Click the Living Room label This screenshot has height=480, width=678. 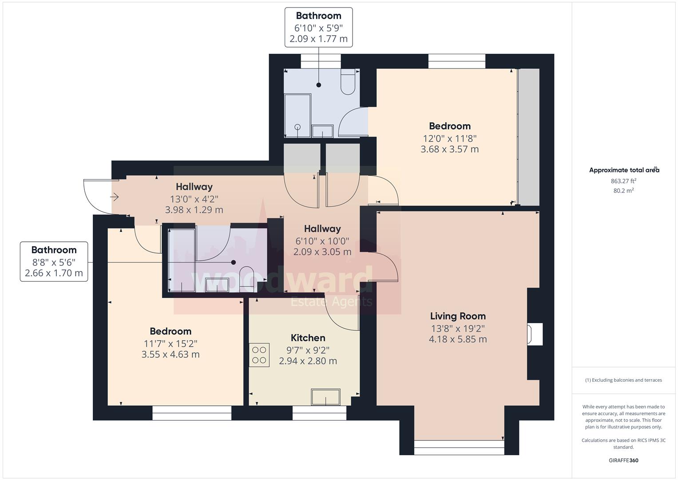click(x=458, y=316)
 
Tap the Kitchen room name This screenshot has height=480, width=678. click(x=308, y=338)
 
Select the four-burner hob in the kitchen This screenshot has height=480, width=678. click(x=259, y=355)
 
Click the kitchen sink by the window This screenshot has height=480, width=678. click(x=325, y=397)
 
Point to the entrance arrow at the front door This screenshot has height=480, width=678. click(x=114, y=196)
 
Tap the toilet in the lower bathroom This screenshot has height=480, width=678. click(x=246, y=279)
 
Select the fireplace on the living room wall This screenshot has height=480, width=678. click(x=534, y=334)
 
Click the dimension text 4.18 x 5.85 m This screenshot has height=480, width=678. click(x=458, y=339)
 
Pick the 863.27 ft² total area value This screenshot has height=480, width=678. click(x=623, y=181)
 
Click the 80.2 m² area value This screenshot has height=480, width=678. click(x=623, y=191)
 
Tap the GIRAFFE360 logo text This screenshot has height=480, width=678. click(x=623, y=460)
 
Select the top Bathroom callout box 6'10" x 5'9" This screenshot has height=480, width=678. click(x=318, y=27)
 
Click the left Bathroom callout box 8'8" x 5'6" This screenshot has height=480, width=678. click(x=54, y=261)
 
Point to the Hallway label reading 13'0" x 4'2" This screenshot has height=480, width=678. click(x=194, y=198)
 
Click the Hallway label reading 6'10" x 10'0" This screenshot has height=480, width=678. click(x=322, y=240)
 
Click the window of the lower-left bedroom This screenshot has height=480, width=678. click(x=192, y=413)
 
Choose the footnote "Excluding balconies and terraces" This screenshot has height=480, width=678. click(x=623, y=380)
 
